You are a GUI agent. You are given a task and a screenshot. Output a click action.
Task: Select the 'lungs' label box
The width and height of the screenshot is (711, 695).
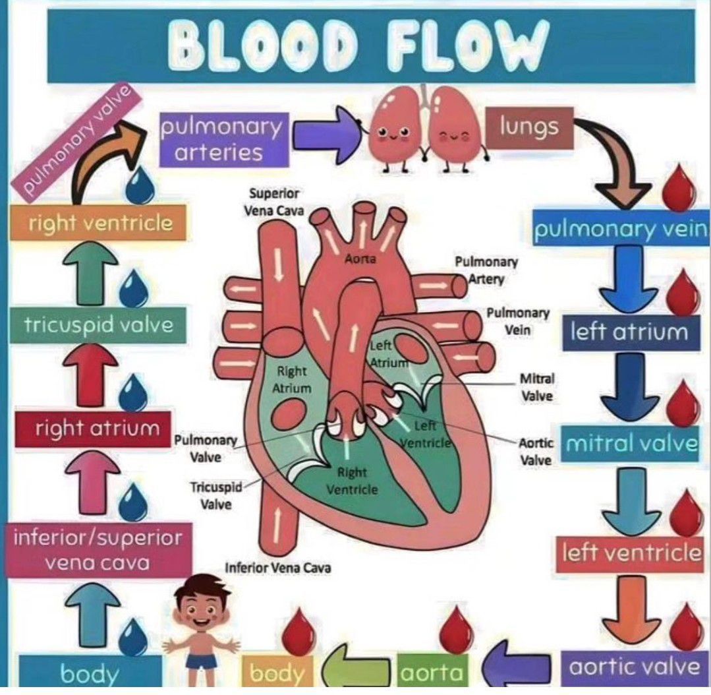coord(528,127)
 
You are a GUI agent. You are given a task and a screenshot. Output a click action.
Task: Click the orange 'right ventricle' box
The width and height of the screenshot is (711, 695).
coord(100,224)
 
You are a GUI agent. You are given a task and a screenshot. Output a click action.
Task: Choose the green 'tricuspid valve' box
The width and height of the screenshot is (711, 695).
coord(99,325)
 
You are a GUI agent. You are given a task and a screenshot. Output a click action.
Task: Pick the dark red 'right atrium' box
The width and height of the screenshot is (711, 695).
coord(97,429)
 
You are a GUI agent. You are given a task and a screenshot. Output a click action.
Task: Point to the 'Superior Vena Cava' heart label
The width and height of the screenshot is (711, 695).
coord(275,202)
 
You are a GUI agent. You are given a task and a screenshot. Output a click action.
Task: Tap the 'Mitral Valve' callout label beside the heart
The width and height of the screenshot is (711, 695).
coord(537,388)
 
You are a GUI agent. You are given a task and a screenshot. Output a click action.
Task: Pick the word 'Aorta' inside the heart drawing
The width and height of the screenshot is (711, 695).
coord(360,259)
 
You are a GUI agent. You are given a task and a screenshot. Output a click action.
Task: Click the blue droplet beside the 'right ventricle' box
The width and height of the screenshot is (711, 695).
coord(140,187)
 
